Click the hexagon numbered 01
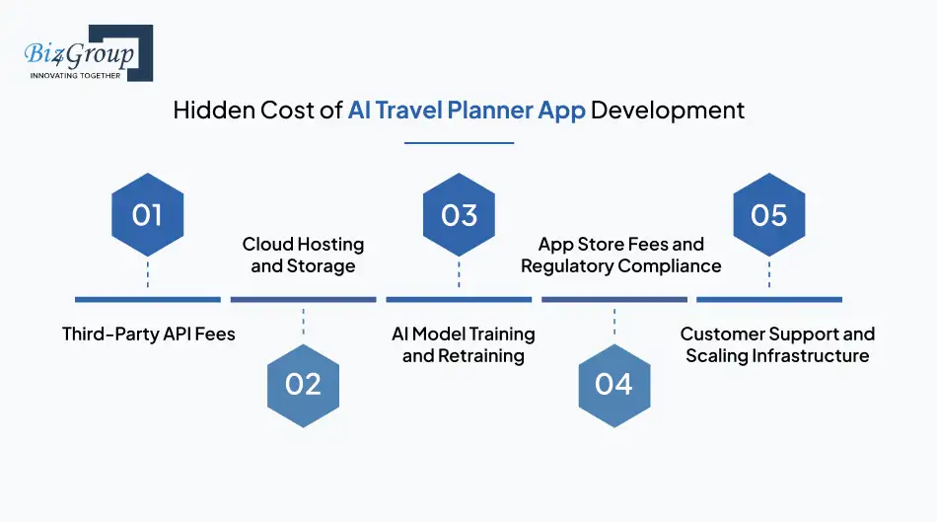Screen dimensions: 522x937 [x=147, y=214]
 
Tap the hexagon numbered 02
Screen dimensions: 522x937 [x=303, y=384]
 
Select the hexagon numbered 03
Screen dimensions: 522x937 [x=459, y=214]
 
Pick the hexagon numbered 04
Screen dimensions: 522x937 [x=613, y=384]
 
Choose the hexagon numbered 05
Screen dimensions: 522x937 [x=769, y=214]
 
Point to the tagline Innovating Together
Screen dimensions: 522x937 [x=76, y=75]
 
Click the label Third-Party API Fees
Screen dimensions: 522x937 [x=149, y=334]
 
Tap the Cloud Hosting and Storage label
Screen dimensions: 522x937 [x=303, y=255]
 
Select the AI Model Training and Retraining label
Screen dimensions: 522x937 [x=463, y=344]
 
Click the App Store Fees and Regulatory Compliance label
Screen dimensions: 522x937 [x=620, y=255]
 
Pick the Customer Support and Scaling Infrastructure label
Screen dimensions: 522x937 [x=777, y=344]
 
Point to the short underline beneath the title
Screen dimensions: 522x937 [x=460, y=143]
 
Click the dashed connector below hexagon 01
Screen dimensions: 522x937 [x=147, y=272]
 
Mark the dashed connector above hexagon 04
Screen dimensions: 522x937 [x=613, y=323]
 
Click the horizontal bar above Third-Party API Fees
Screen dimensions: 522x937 [x=148, y=299]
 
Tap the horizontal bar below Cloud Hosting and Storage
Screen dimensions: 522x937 [x=303, y=299]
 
